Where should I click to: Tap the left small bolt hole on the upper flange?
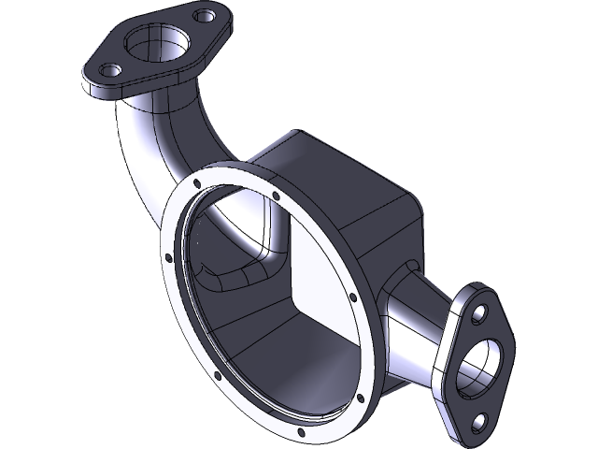tap(111, 69)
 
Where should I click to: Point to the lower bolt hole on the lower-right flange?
tap(483, 421)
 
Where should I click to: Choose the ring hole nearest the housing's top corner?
tap(277, 196)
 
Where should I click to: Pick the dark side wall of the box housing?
tap(374, 234)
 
